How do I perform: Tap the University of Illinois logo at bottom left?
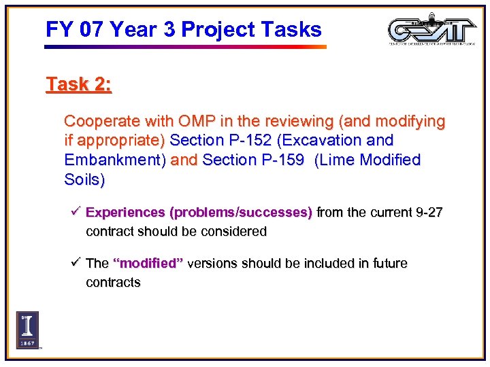coord(27,330)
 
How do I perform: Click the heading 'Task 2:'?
coord(78,84)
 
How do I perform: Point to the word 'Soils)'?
coord(84,180)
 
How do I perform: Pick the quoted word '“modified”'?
coord(148,264)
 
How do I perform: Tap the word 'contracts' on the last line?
coord(113,282)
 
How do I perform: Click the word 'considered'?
coord(233,231)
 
